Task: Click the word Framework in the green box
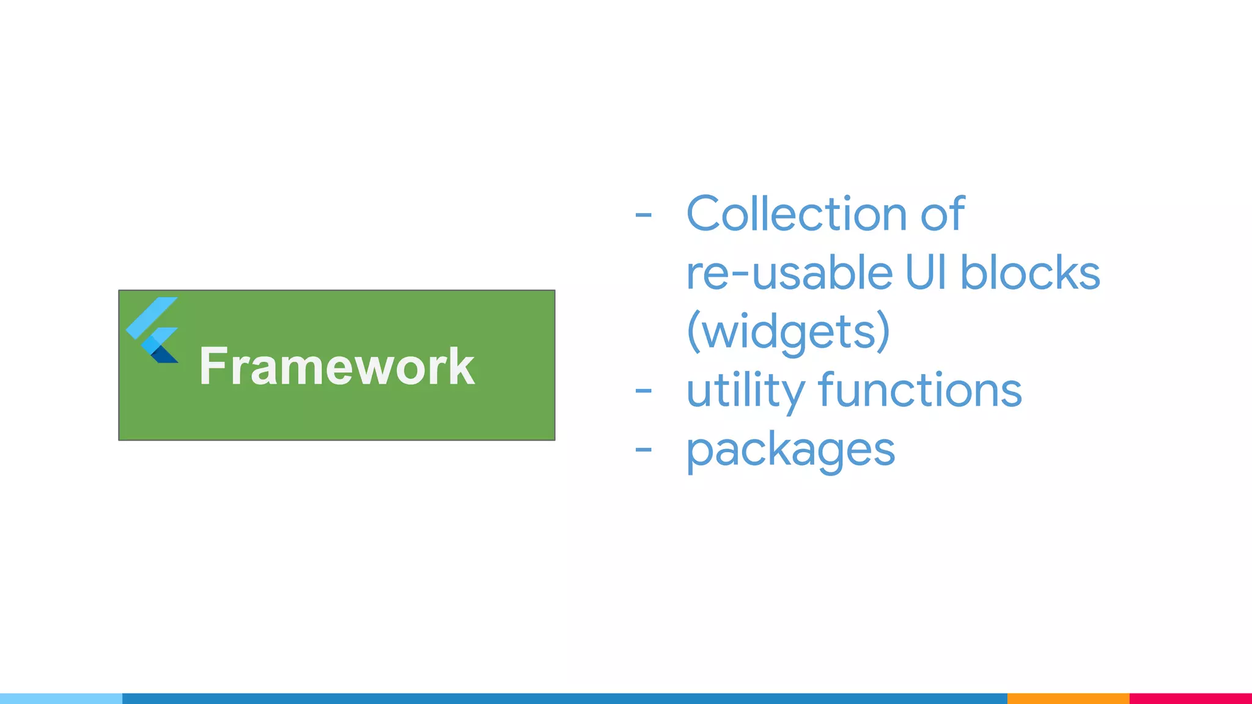336,366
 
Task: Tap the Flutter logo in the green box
153,330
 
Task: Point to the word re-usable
789,273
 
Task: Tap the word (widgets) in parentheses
788,331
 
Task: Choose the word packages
790,450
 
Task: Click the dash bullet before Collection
643,215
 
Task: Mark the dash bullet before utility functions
643,391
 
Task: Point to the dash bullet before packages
643,450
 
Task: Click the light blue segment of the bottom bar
61,698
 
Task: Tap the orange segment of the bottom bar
1068,698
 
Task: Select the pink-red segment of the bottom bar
1190,698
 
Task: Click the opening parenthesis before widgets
693,331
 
